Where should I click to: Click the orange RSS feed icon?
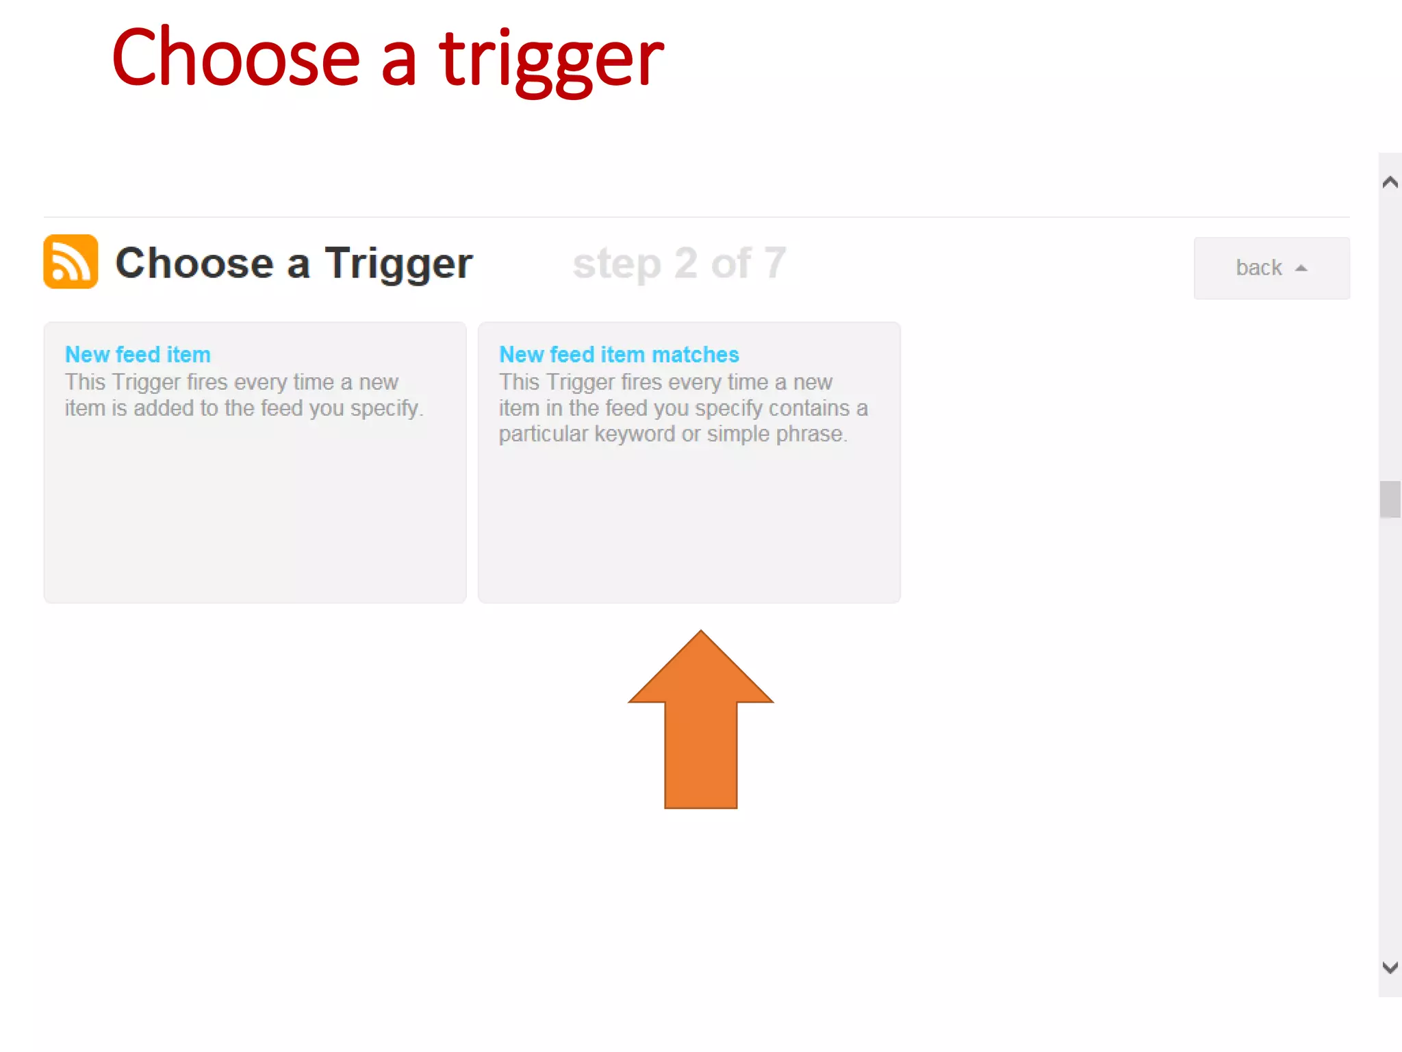tap(71, 262)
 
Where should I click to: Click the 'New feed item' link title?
tap(138, 355)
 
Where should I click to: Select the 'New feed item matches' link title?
tap(619, 355)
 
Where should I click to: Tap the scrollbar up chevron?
tap(1390, 182)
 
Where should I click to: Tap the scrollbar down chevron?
tap(1390, 967)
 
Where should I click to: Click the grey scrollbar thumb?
tap(1390, 499)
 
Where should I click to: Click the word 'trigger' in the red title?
tap(551, 60)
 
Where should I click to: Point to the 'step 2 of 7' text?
tap(679, 263)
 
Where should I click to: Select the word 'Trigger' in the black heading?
tap(398, 264)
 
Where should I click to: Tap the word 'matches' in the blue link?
tap(696, 355)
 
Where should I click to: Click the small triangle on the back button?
tap(1301, 268)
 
